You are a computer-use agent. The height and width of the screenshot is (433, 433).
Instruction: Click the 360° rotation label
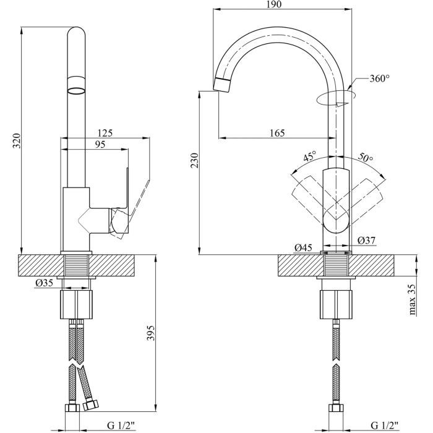click(380, 79)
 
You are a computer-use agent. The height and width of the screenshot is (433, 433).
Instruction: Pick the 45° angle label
click(309, 156)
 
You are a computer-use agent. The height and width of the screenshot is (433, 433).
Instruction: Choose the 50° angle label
click(366, 158)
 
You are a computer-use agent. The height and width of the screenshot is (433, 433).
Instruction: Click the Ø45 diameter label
click(302, 248)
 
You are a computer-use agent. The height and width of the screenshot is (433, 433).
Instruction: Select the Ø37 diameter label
click(367, 240)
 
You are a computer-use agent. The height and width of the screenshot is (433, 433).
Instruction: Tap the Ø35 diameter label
click(44, 283)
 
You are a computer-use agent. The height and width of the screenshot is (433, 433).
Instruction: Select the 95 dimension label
click(100, 145)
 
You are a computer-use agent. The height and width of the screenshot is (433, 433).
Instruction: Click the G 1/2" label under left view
click(123, 425)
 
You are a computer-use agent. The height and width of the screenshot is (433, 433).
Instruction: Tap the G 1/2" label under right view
click(384, 425)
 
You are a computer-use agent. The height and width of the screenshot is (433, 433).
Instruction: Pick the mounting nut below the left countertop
click(78, 304)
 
